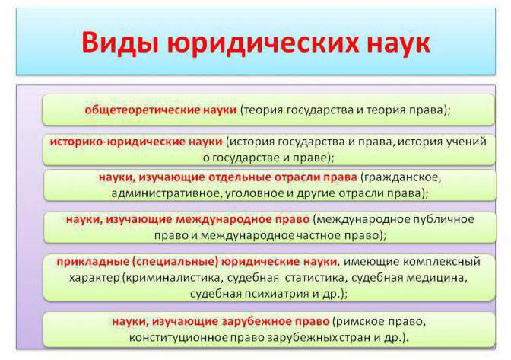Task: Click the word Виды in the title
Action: (x=120, y=43)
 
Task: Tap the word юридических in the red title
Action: (x=263, y=43)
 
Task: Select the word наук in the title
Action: (x=398, y=43)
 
